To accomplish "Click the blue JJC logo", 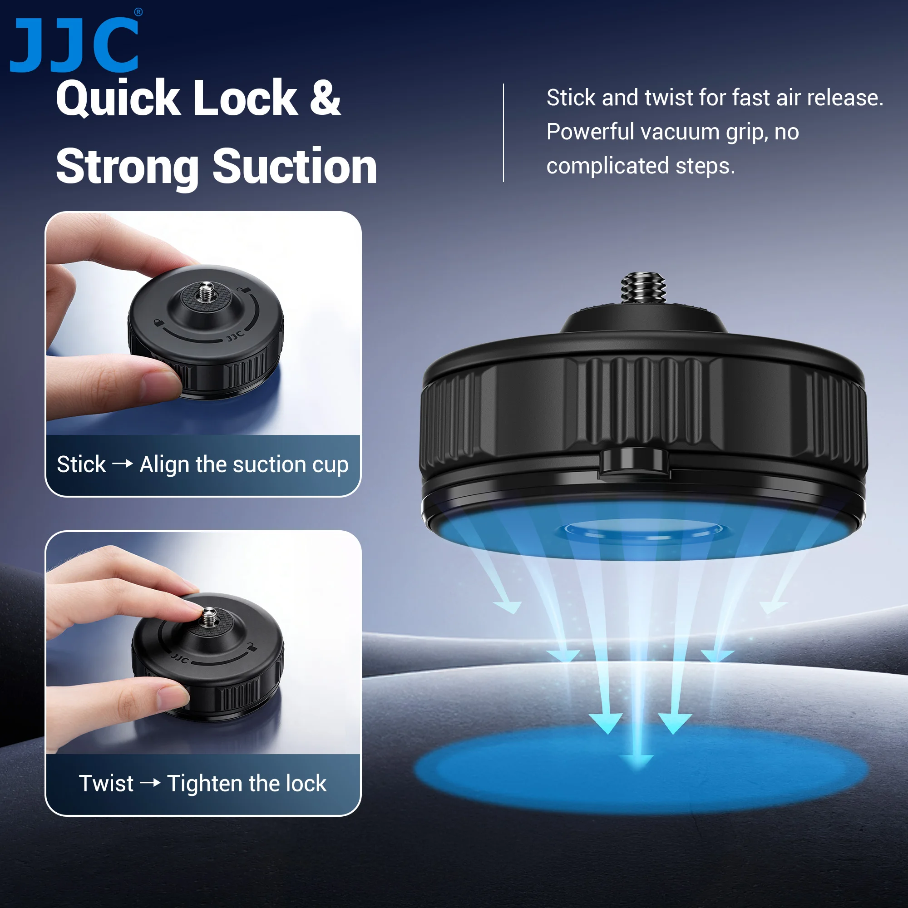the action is click(74, 45).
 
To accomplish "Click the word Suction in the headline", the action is click(295, 166).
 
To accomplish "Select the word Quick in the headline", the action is click(118, 98).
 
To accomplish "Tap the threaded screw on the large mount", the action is click(643, 288).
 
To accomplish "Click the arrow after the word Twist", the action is click(150, 783).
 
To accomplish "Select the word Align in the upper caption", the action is click(164, 465).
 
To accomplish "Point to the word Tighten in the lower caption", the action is click(204, 784).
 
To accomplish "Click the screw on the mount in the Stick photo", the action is click(205, 292).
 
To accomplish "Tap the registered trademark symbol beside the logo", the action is click(138, 13).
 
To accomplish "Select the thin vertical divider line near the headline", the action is click(503, 133).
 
